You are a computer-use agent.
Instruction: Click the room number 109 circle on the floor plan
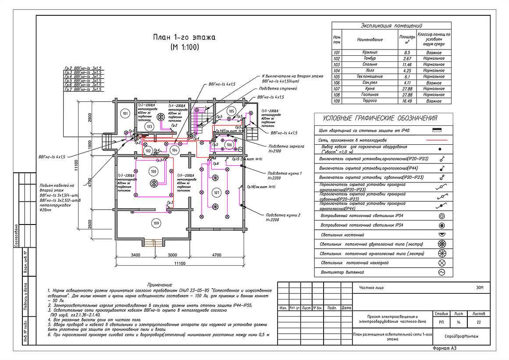click(156, 223)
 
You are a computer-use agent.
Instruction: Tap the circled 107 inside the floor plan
click(216, 192)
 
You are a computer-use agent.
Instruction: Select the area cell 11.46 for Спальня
click(407, 64)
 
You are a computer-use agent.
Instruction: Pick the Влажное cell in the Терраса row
click(434, 101)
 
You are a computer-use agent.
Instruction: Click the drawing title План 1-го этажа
click(184, 37)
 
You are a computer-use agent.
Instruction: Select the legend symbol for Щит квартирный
click(437, 130)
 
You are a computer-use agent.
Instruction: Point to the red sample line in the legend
click(437, 140)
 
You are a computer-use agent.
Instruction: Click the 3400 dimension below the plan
click(135, 254)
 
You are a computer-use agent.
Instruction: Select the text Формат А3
click(444, 348)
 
